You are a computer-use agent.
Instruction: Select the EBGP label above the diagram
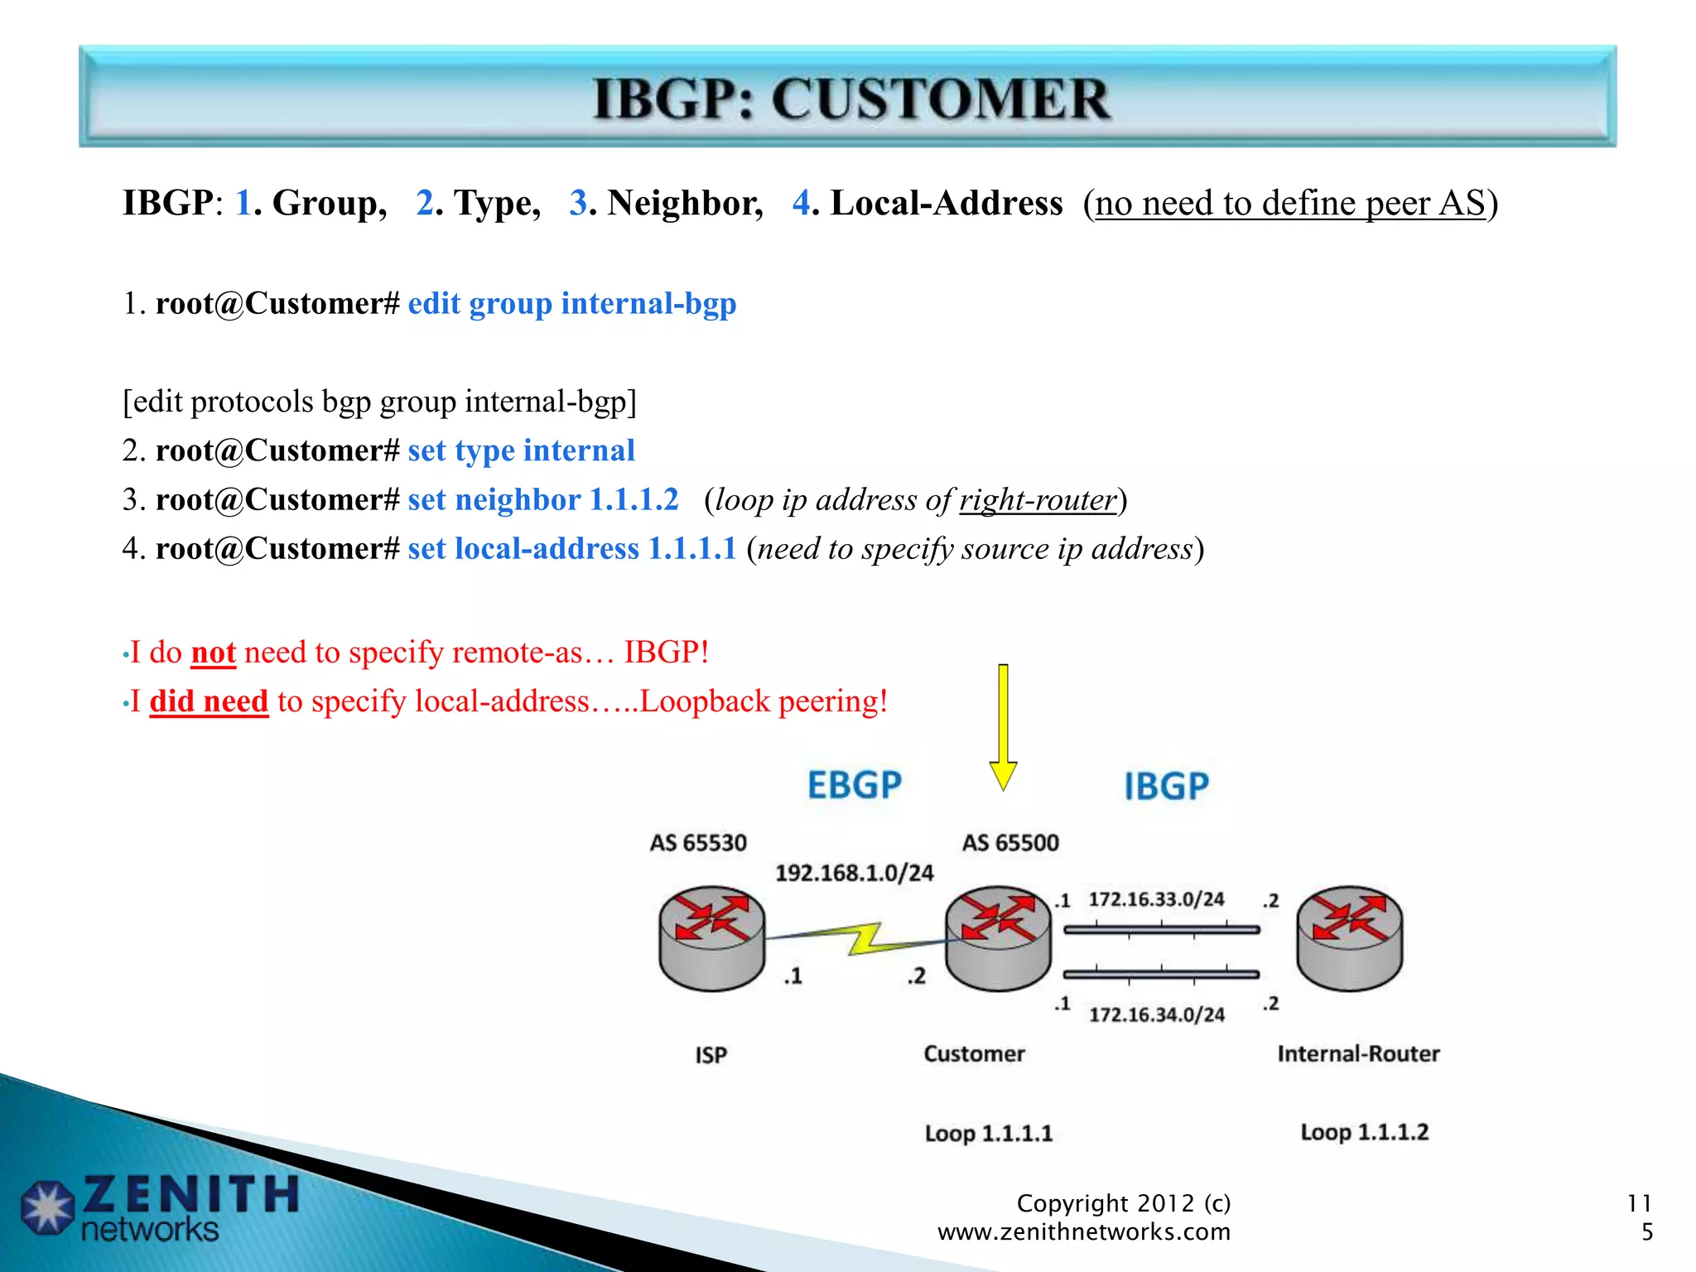tap(854, 784)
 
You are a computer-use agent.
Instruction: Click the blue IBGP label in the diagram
tap(1166, 786)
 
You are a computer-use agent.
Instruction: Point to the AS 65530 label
tap(697, 843)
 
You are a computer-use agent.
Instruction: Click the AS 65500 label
tap(1009, 843)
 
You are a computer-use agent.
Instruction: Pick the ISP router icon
tap(711, 938)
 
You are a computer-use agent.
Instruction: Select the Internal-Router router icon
tap(1349, 938)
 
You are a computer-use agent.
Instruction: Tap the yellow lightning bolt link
tap(861, 939)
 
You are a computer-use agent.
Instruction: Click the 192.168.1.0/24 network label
tap(854, 873)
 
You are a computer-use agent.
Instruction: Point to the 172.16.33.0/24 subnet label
tap(1156, 899)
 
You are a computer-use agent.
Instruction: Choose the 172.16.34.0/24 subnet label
tap(1156, 1014)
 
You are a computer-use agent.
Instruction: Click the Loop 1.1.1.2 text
tap(1364, 1132)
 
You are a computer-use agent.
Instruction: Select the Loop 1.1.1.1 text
tap(988, 1133)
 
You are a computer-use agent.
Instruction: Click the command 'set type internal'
tap(521, 450)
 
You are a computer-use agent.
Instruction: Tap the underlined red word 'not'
tap(213, 653)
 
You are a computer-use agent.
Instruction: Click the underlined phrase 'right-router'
tap(1038, 500)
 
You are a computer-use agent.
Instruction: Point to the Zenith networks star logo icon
tap(47, 1207)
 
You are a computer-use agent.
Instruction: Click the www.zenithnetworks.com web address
tap(1083, 1231)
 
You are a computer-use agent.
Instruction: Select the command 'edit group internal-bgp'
tap(571, 304)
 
